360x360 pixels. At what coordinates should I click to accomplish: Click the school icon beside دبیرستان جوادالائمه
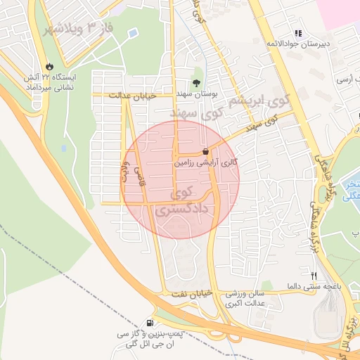[298, 33]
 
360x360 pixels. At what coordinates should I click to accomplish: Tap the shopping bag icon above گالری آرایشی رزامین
[205, 151]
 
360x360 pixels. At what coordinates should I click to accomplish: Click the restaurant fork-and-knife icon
[314, 275]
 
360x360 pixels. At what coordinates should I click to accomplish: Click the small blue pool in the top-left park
[133, 33]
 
